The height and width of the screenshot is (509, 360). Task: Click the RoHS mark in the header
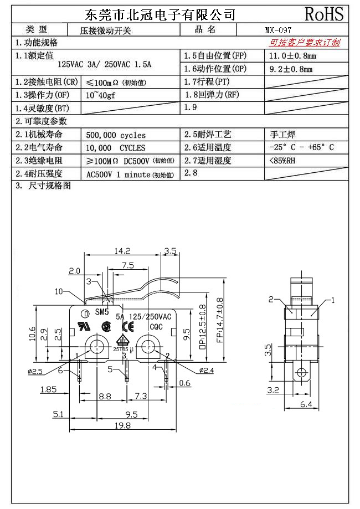click(x=324, y=14)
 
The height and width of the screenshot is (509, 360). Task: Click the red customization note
click(x=305, y=43)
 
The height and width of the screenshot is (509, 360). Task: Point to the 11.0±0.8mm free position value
click(x=292, y=56)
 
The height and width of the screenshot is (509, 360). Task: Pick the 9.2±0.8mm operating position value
click(x=290, y=69)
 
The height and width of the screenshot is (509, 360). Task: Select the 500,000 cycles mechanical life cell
click(x=116, y=135)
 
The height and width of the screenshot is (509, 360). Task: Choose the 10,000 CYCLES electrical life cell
click(x=116, y=148)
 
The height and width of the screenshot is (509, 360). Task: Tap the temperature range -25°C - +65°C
click(x=301, y=148)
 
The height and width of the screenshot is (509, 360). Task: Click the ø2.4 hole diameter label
click(x=208, y=369)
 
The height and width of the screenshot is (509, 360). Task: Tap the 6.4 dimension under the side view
click(x=306, y=405)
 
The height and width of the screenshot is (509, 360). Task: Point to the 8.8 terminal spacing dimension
click(x=104, y=397)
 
